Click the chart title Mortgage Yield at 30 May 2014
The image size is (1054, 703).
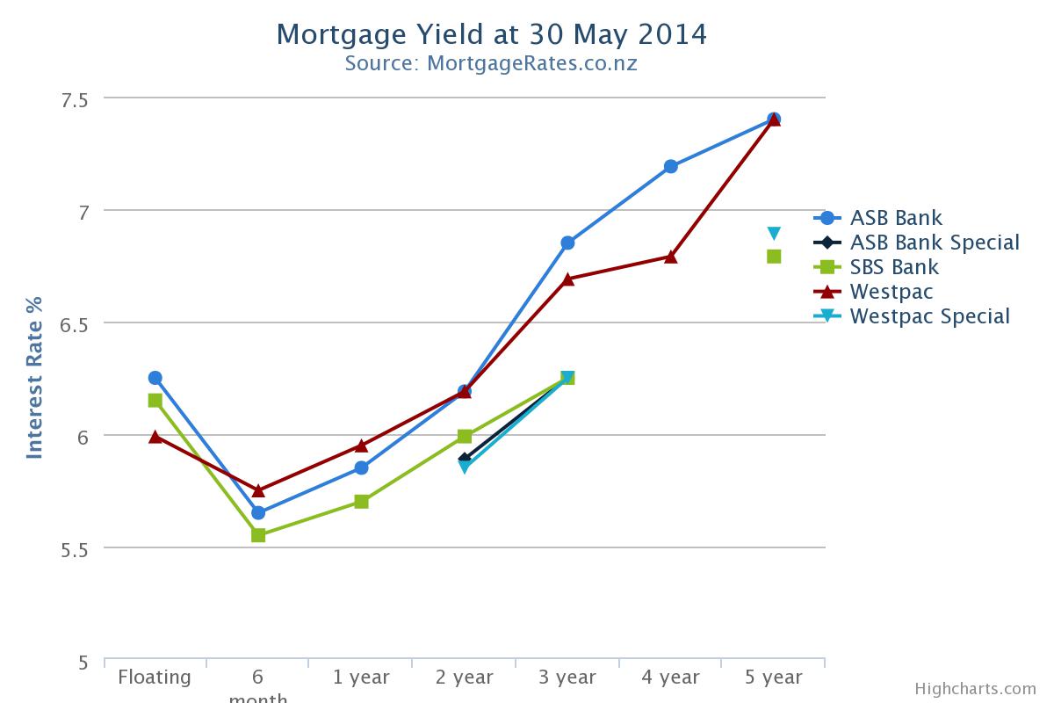pyautogui.click(x=491, y=34)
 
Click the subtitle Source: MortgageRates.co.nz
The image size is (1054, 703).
pyautogui.click(x=491, y=63)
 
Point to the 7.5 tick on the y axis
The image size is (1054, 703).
pyautogui.click(x=74, y=99)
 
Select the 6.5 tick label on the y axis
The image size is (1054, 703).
pyautogui.click(x=74, y=324)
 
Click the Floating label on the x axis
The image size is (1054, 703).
pyautogui.click(x=155, y=677)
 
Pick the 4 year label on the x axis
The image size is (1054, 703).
pyautogui.click(x=670, y=677)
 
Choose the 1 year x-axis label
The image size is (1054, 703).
pyautogui.click(x=361, y=677)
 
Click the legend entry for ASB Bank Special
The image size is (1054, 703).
pyautogui.click(x=935, y=243)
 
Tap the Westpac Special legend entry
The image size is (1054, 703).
pyautogui.click(x=929, y=316)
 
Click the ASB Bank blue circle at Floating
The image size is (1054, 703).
pyautogui.click(x=155, y=378)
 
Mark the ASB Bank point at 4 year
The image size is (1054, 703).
pyautogui.click(x=671, y=166)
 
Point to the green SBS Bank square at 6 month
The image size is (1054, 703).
pyautogui.click(x=258, y=535)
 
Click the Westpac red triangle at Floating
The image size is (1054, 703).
pyautogui.click(x=155, y=436)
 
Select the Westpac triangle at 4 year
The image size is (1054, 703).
pyautogui.click(x=671, y=257)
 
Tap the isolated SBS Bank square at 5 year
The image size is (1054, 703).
pyautogui.click(x=774, y=257)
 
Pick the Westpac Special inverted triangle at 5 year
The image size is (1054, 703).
pyautogui.click(x=774, y=234)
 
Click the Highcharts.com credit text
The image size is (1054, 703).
pyautogui.click(x=975, y=689)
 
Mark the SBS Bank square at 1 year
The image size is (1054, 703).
pyautogui.click(x=361, y=502)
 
